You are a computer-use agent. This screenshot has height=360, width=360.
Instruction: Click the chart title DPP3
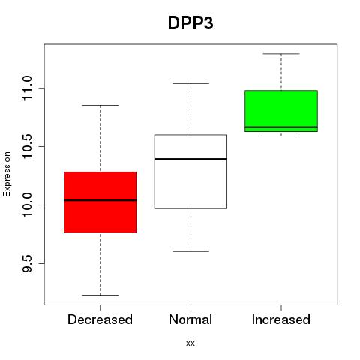pos(190,23)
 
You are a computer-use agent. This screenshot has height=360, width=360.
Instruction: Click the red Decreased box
pos(100,202)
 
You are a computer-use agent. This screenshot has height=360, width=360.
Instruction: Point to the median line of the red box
pos(100,200)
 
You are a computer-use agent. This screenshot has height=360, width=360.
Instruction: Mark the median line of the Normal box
pos(190,159)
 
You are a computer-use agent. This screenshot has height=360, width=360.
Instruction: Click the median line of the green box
pos(281,127)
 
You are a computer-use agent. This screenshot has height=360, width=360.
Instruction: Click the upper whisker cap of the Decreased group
pos(100,105)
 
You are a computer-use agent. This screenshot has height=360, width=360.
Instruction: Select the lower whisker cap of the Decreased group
pos(100,295)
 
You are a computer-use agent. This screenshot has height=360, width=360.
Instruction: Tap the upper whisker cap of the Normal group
pos(190,83)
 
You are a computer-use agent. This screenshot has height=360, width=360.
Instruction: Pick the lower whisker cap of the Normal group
pos(190,251)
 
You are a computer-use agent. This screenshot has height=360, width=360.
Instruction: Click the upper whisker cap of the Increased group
pos(281,54)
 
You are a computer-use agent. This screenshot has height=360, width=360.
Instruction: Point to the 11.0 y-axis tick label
pos(27,88)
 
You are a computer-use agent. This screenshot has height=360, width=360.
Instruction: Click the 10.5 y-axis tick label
pos(27,146)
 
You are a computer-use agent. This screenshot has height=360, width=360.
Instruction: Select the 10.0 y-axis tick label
pos(27,205)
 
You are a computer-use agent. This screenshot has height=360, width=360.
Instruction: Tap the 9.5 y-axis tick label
pos(27,263)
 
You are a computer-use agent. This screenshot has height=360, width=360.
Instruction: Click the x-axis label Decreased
pos(100,319)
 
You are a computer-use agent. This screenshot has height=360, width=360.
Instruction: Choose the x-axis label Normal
pos(190,319)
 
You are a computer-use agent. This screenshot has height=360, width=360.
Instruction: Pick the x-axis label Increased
pos(281,319)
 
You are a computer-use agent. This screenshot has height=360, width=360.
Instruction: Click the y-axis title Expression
pos(7,174)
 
